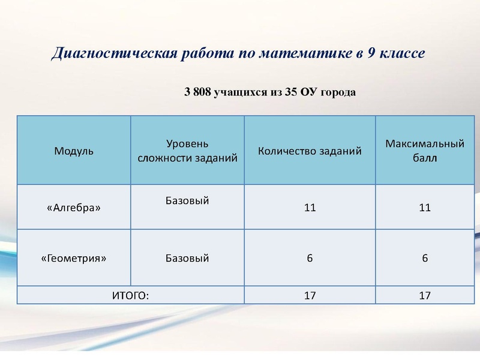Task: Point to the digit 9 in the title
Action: point(373,53)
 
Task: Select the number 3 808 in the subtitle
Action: point(196,92)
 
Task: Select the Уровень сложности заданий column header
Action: point(187,151)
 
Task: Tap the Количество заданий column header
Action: point(310,151)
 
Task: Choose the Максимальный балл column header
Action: point(425,151)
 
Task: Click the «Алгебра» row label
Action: point(74,208)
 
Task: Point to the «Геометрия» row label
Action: point(74,259)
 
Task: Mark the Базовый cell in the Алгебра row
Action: point(187,200)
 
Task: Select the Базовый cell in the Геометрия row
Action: point(187,259)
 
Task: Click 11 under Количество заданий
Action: point(310,208)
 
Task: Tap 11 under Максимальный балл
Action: point(425,208)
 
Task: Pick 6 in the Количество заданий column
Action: point(310,259)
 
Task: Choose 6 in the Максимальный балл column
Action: point(425,259)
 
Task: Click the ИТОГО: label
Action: point(130,295)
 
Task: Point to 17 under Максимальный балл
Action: point(425,295)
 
